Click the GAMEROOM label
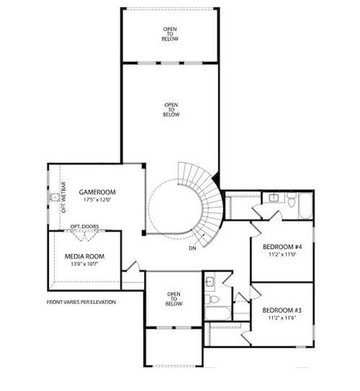pos(94,192)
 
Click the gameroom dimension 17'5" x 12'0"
pos(94,200)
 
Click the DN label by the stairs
pos(192,248)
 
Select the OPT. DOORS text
pos(84,226)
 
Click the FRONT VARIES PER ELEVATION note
pos(81,302)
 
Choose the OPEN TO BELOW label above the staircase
pos(171,109)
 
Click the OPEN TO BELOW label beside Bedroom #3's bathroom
pos(173,299)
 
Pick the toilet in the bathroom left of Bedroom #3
pos(212,282)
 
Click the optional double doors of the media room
pos(86,235)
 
